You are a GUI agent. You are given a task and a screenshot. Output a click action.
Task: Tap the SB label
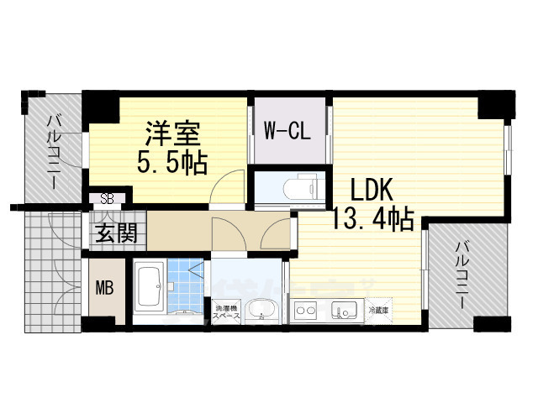pos(107,199)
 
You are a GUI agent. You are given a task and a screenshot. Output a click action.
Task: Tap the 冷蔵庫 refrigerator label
pos(380,311)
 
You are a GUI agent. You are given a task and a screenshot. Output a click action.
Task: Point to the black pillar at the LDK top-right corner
pos(493,106)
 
